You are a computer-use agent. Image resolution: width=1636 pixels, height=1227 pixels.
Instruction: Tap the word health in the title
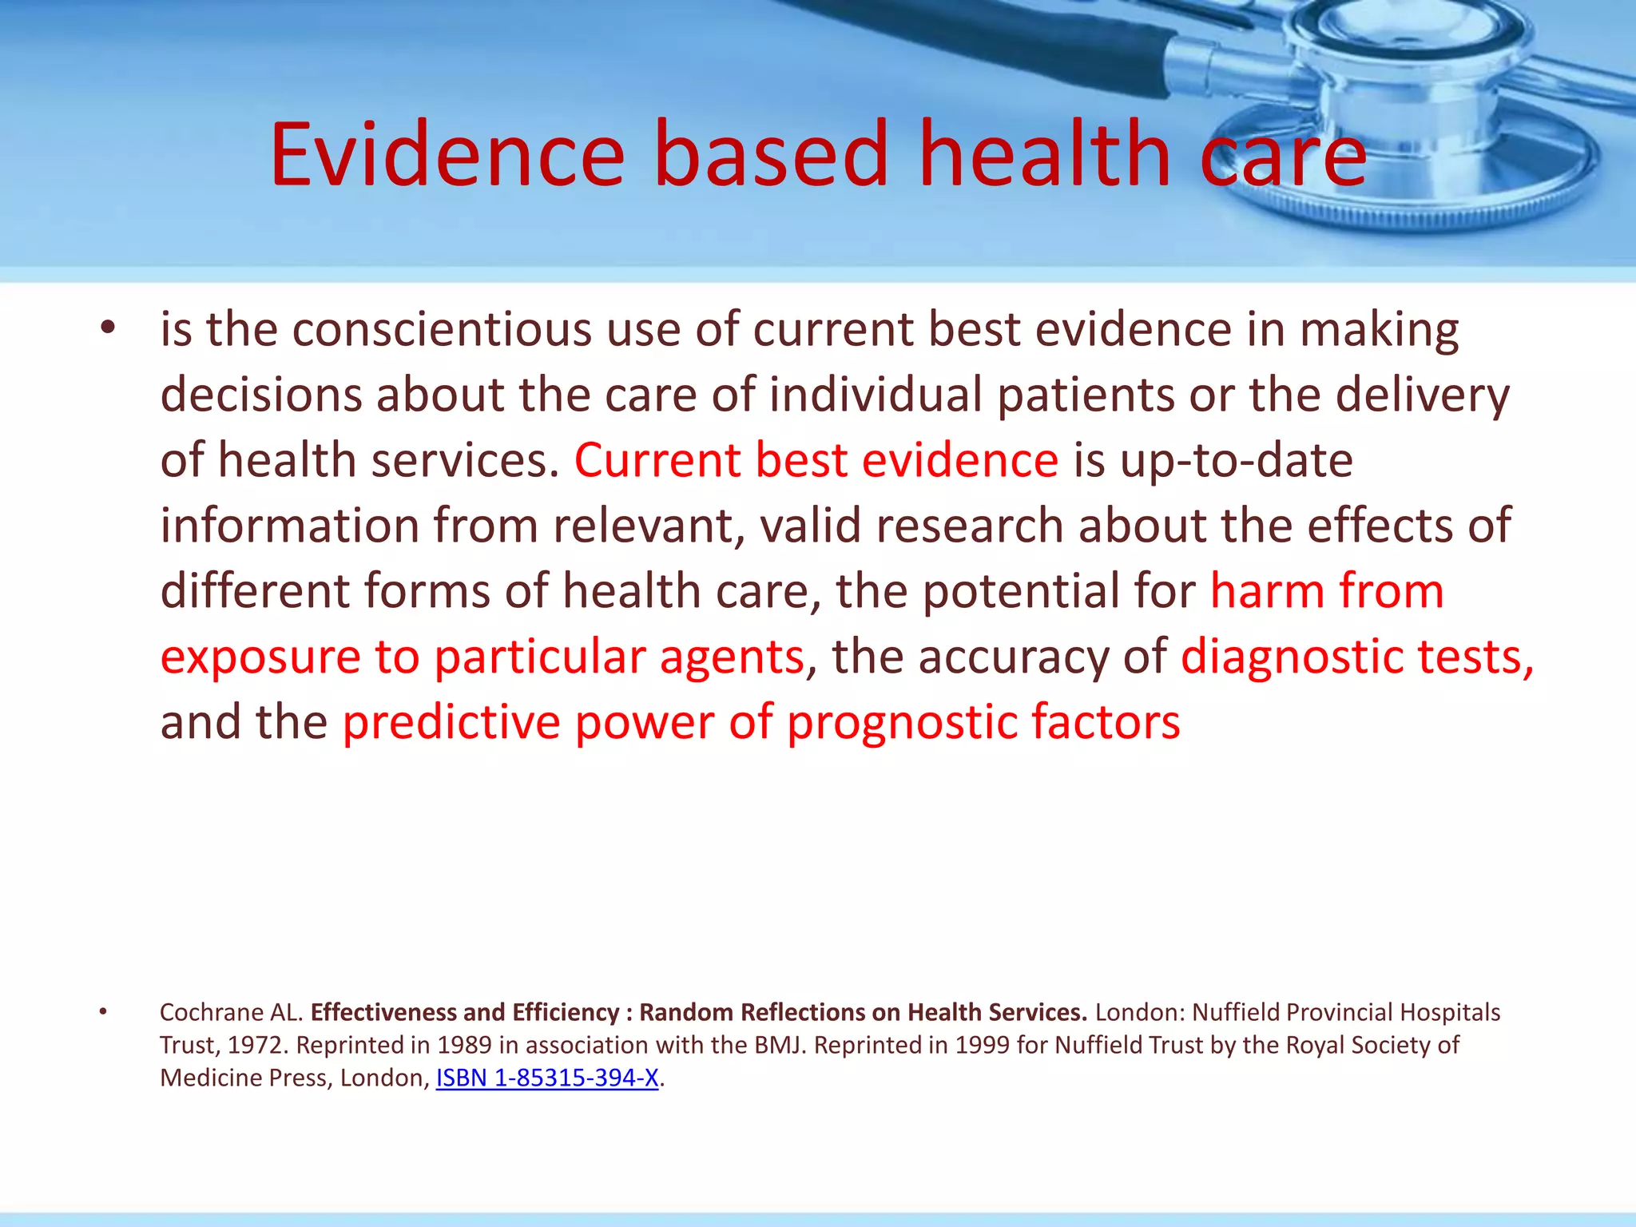point(1045,153)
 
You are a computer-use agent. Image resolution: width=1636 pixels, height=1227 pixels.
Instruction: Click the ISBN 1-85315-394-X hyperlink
point(547,1078)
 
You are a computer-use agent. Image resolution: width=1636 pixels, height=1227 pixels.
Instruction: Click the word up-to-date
point(1236,462)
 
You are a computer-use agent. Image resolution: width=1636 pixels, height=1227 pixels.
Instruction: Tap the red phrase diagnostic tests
point(1356,657)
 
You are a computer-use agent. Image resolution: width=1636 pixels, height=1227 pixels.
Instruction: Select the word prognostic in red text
point(902,722)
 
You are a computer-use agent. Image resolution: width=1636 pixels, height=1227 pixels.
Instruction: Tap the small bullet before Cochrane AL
point(103,1012)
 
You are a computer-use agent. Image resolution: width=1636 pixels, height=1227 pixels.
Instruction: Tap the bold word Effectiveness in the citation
point(383,1012)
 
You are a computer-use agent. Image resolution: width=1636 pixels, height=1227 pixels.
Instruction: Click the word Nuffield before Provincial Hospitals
point(1236,1012)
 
